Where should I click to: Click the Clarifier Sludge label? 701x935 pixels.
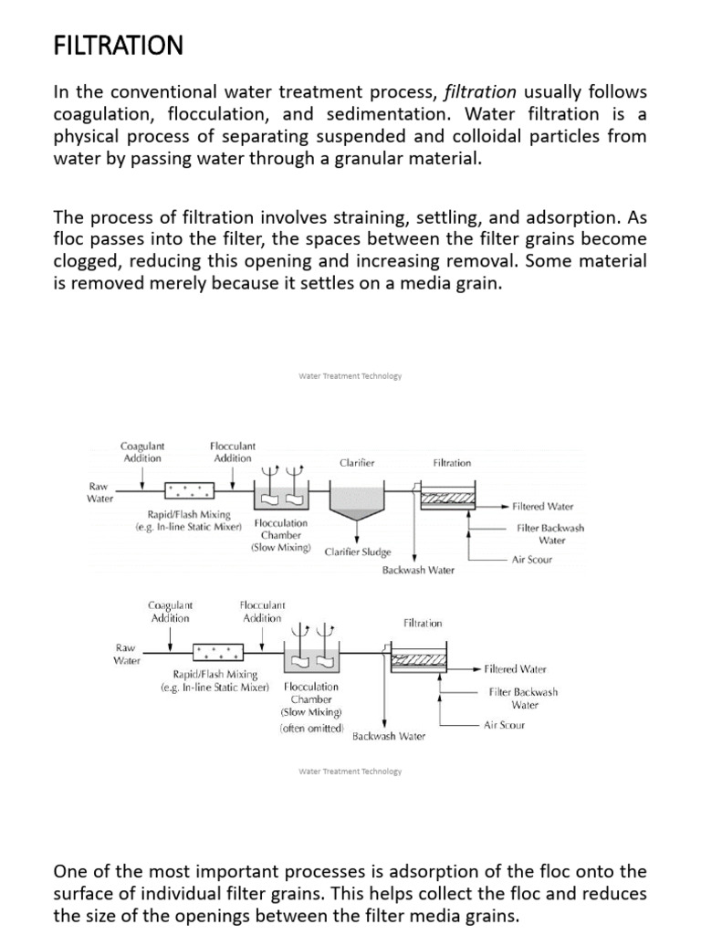pos(358,552)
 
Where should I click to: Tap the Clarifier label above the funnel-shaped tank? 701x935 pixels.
pos(357,463)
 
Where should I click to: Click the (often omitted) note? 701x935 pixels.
pos(313,729)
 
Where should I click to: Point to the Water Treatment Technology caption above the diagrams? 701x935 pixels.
pos(350,375)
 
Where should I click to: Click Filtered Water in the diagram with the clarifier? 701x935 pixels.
pos(543,505)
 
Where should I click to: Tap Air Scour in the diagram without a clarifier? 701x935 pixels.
pos(505,725)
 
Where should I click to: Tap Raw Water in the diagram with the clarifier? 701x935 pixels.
pos(100,493)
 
